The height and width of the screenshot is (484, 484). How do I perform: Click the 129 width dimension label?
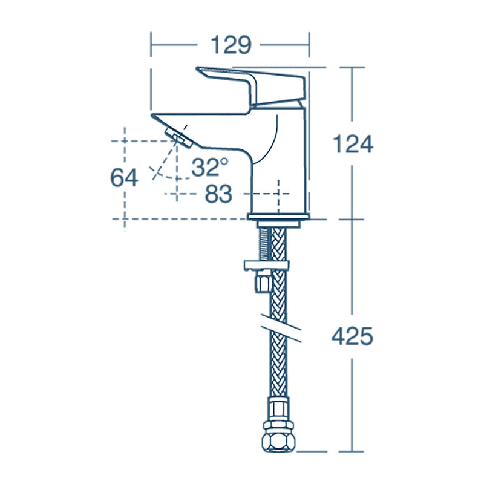230,45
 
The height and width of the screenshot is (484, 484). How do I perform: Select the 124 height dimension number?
353,144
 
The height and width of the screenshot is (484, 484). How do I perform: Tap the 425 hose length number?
353,336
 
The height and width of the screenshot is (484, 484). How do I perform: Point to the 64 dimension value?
124,177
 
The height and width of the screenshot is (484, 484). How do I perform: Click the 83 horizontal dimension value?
218,194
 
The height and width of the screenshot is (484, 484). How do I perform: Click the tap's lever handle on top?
254,85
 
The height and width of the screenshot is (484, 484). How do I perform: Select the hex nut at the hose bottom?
278,434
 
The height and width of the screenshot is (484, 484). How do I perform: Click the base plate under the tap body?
278,217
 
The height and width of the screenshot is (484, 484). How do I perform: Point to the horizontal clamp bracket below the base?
266,264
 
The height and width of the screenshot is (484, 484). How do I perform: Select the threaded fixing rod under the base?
264,242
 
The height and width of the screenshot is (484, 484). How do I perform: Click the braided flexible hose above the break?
279,290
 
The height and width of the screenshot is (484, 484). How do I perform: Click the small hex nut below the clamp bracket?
263,282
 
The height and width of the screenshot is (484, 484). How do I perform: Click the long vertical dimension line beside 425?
353,393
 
